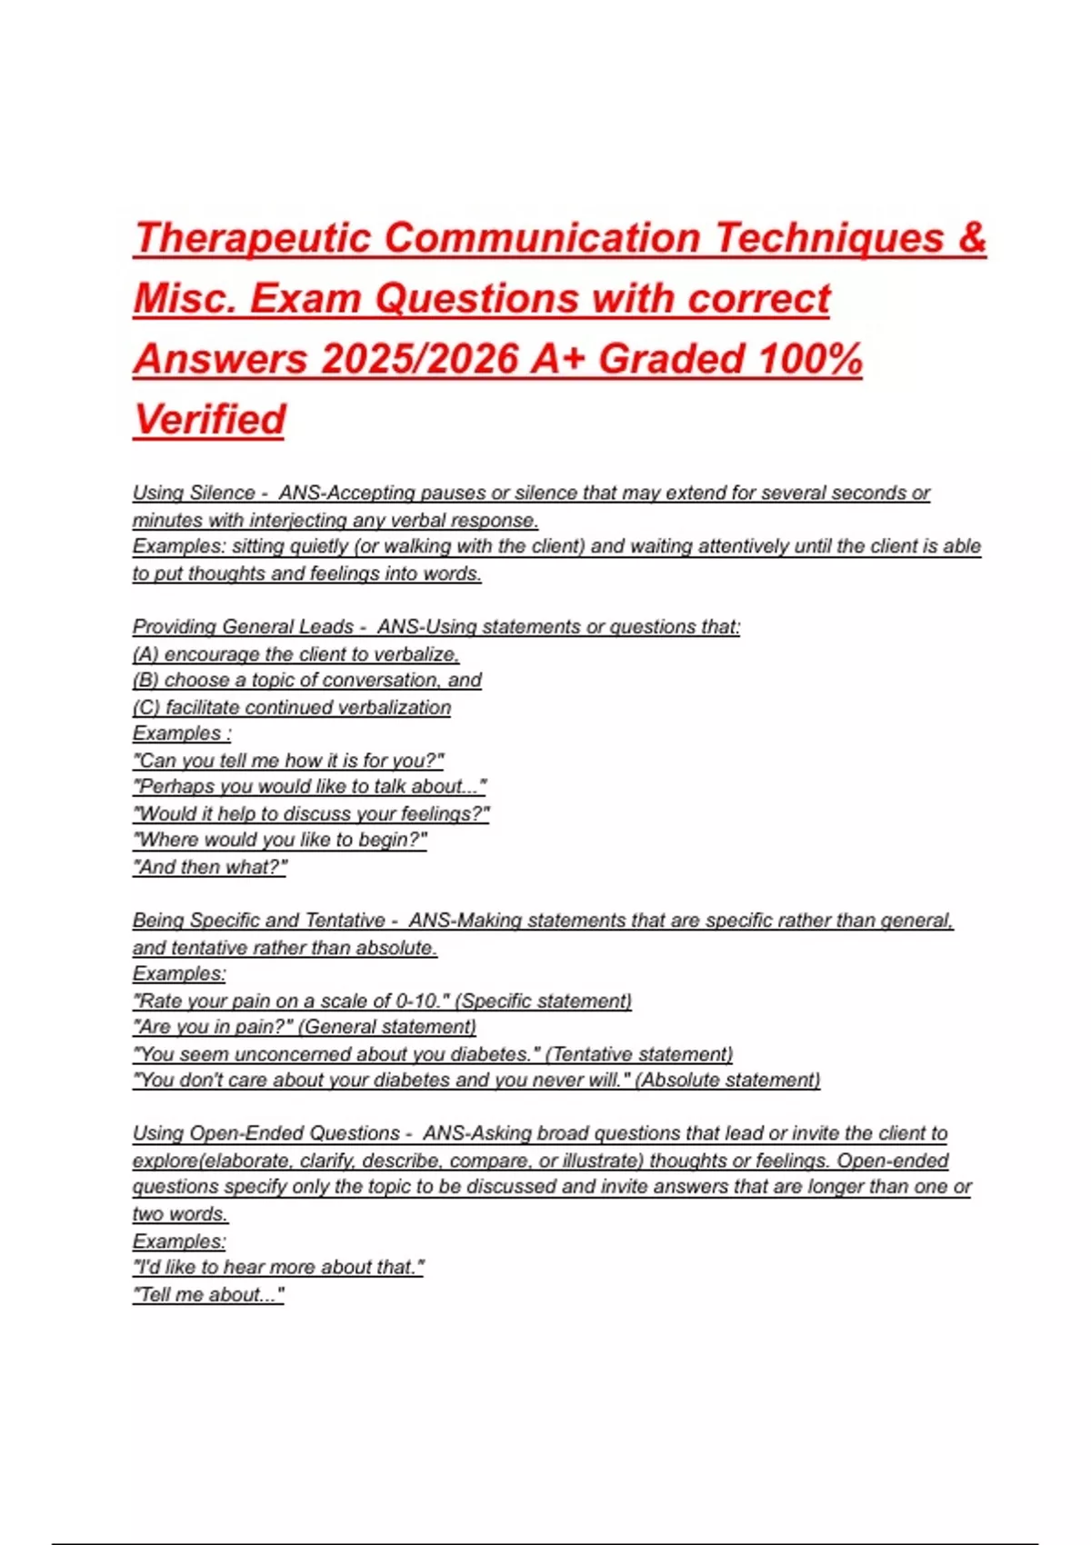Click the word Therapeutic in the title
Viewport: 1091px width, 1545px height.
pos(253,239)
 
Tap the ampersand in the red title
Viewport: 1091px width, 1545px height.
pos(971,238)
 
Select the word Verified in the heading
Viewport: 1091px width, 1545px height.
pos(210,420)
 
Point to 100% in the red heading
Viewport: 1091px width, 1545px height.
pos(809,359)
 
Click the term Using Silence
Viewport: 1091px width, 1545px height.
pos(194,493)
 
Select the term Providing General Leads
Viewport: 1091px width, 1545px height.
pos(243,626)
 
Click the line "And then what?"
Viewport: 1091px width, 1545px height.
pos(210,867)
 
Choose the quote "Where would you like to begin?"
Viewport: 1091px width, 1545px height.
pos(280,840)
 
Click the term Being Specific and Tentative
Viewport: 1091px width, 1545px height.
pos(259,920)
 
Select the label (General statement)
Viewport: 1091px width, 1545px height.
pos(387,1027)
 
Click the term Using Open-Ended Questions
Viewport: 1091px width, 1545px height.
pos(266,1133)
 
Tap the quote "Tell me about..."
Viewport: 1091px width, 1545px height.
pos(209,1294)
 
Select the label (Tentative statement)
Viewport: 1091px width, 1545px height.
pos(639,1054)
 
